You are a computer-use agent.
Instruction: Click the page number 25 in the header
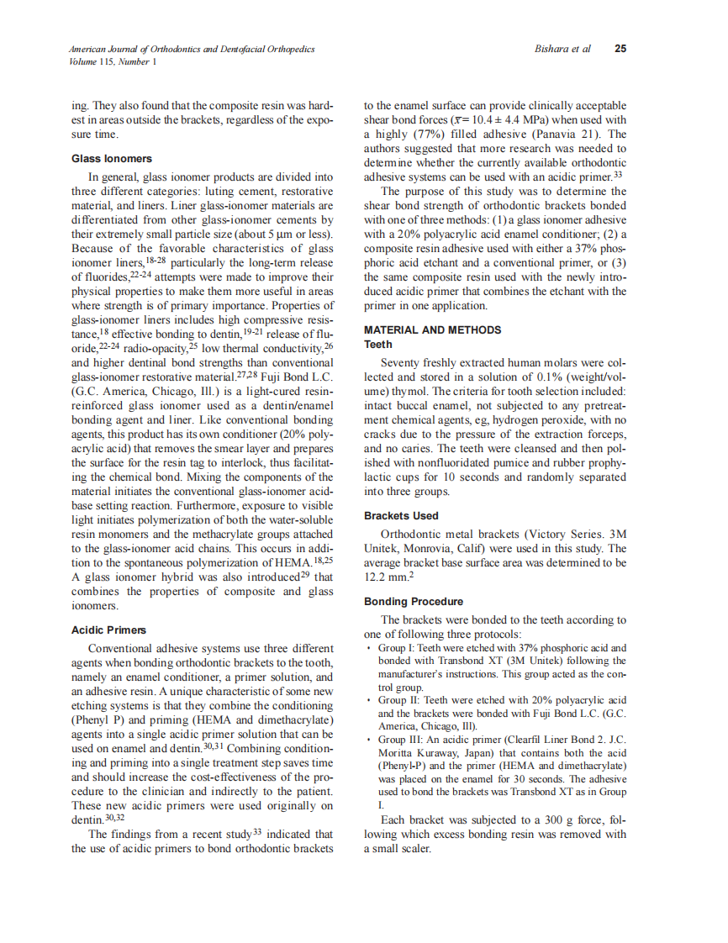click(x=620, y=49)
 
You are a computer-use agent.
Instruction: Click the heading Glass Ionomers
click(x=112, y=159)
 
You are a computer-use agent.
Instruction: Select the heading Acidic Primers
click(x=108, y=630)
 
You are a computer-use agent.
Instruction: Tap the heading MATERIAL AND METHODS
click(x=432, y=330)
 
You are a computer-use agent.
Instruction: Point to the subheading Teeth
click(x=377, y=345)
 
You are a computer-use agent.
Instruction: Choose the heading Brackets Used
click(x=401, y=515)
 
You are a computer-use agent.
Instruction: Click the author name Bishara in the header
click(x=553, y=49)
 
